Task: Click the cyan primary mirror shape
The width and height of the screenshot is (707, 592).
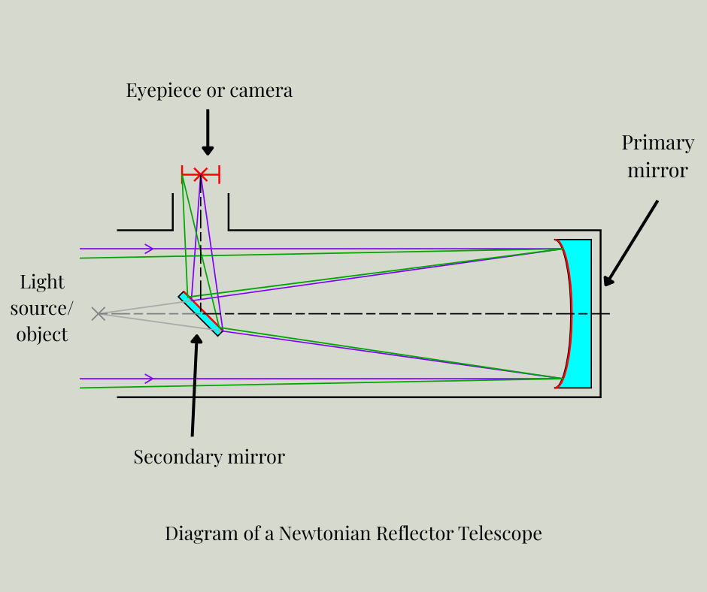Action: [x=581, y=313]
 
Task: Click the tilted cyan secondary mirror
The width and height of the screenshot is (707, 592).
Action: [x=200, y=313]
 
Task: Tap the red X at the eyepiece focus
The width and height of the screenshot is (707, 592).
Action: [x=200, y=175]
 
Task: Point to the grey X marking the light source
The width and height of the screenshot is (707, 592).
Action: [x=99, y=313]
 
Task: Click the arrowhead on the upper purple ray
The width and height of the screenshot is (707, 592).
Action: [x=150, y=249]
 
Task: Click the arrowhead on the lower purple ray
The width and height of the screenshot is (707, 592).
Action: [x=150, y=379]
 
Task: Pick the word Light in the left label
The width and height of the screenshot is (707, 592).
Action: [x=42, y=282]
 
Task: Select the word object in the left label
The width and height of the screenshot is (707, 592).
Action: [x=42, y=334]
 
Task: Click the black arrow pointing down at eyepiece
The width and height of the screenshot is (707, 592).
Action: [x=208, y=132]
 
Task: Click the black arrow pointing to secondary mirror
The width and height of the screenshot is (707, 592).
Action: [x=195, y=384]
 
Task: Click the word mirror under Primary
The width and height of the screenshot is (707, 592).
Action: [x=657, y=171]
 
